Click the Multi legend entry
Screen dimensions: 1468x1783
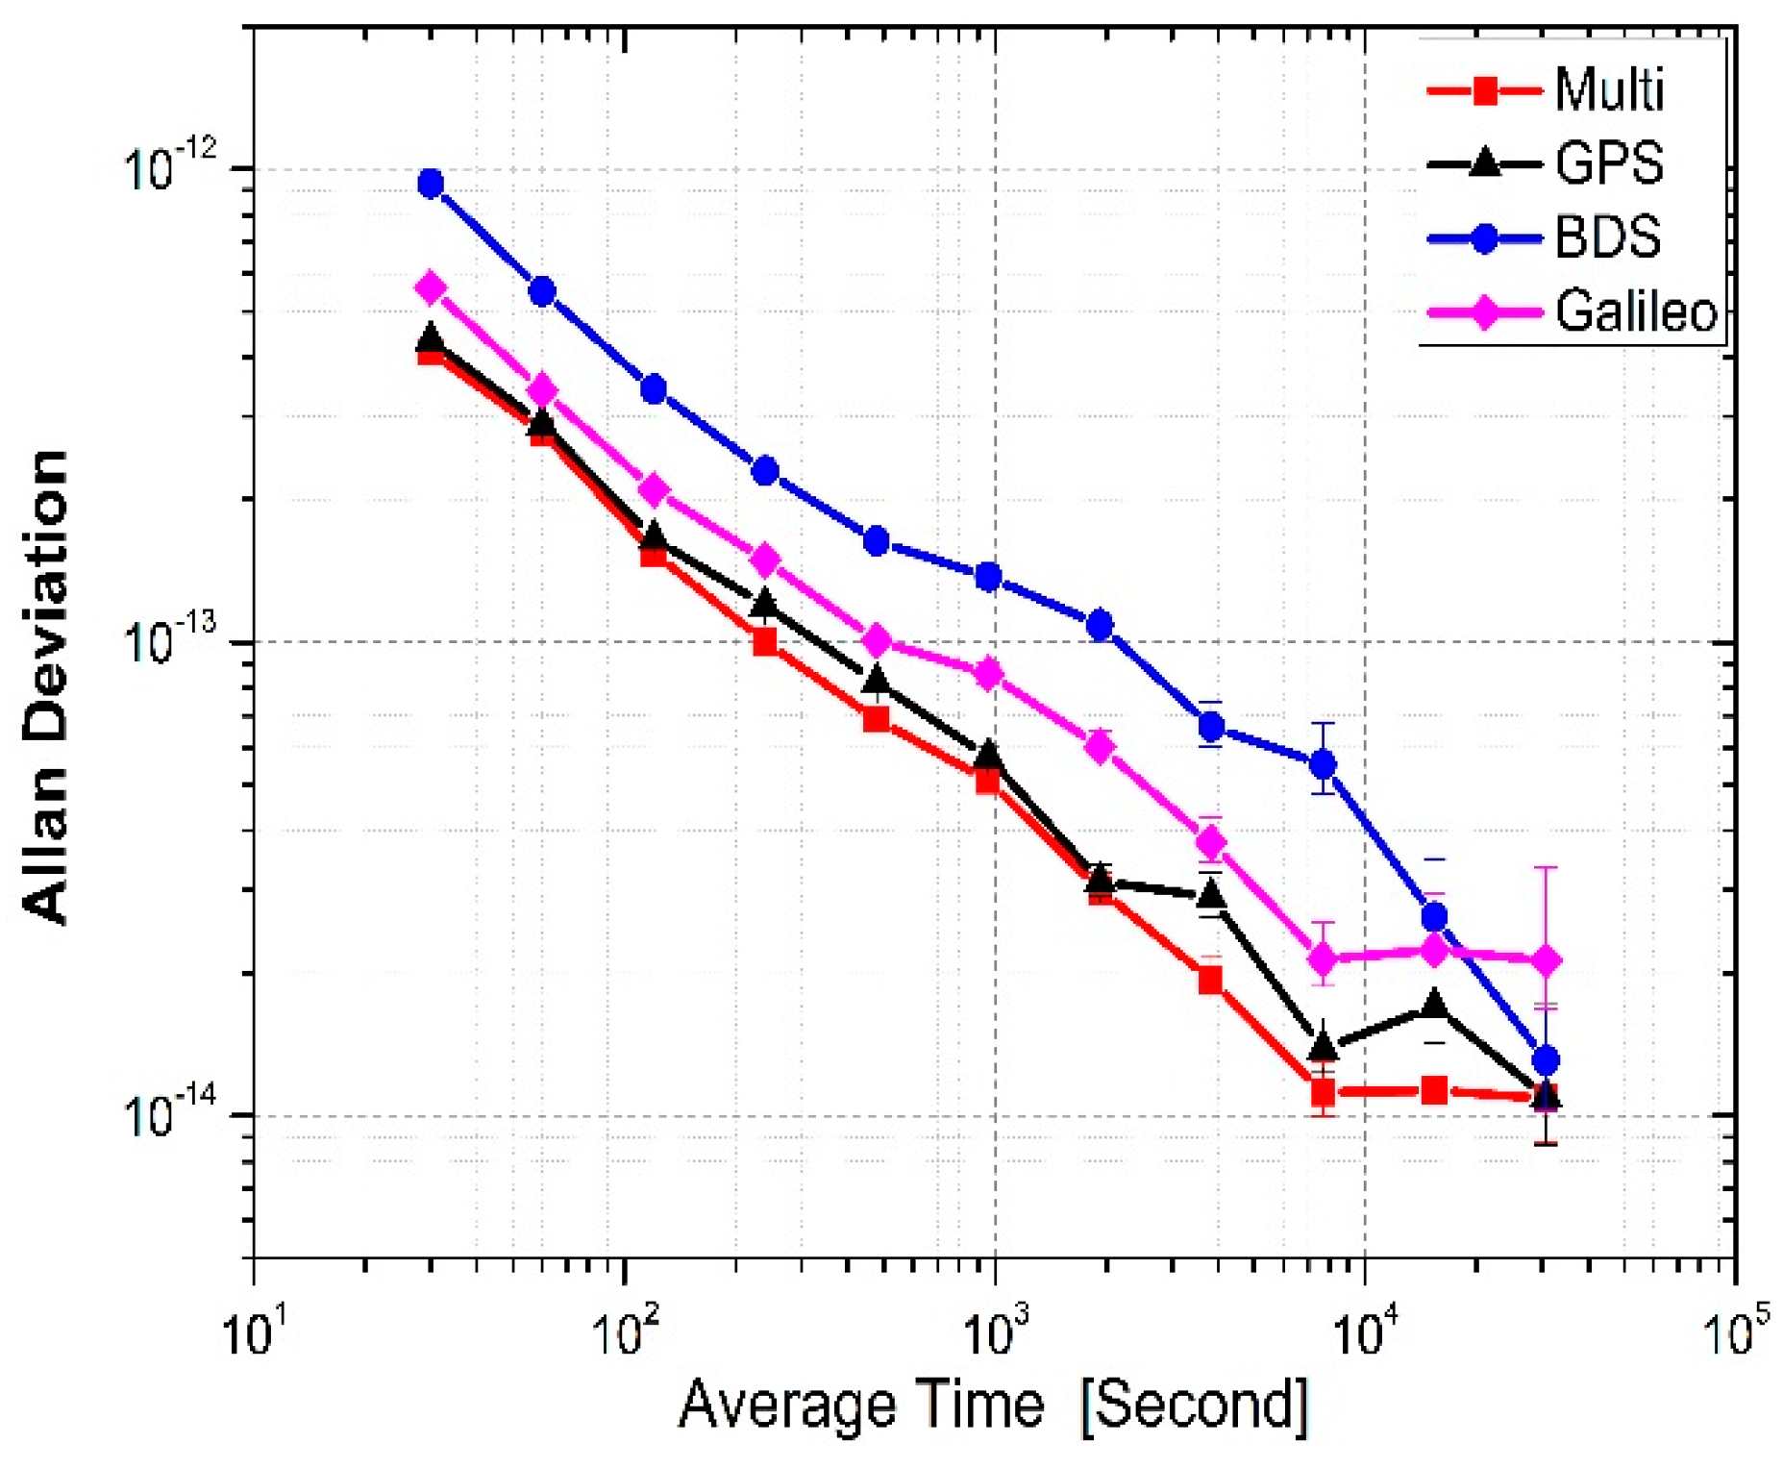(x=1607, y=91)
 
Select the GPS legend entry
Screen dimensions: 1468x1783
(x=1608, y=164)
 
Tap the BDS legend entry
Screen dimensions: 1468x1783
(x=1607, y=237)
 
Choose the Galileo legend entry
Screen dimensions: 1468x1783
(x=1634, y=311)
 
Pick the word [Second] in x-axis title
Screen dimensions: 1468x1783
(x=1195, y=1406)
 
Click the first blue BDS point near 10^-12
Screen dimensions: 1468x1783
(x=432, y=184)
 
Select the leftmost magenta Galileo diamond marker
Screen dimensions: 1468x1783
(x=432, y=286)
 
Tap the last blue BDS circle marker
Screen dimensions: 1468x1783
(x=1546, y=1061)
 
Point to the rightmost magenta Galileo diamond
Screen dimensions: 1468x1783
(x=1546, y=960)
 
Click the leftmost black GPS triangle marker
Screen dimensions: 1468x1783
(x=432, y=338)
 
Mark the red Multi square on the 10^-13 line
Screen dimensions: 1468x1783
(x=765, y=641)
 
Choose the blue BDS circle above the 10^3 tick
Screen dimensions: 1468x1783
(x=988, y=577)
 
